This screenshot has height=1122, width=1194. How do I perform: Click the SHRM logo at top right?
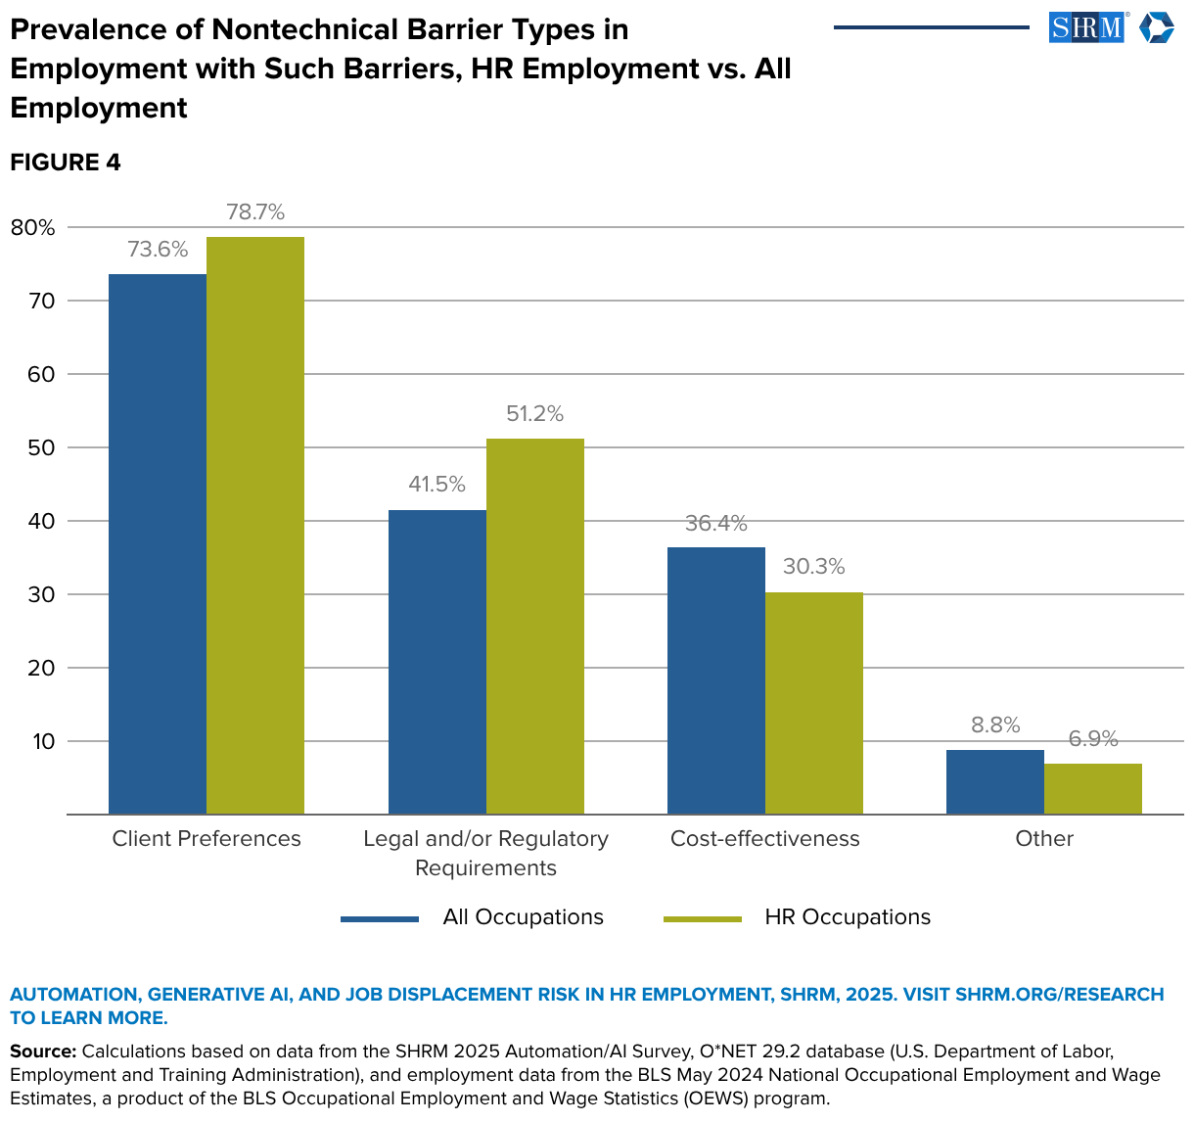[1110, 27]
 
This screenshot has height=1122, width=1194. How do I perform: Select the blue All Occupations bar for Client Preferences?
[158, 543]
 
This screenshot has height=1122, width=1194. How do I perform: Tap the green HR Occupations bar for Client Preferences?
[255, 525]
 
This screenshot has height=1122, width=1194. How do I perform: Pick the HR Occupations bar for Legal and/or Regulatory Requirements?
[534, 626]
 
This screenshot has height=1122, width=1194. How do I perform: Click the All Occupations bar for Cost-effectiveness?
[716, 680]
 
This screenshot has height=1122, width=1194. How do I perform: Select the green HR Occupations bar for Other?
[1092, 788]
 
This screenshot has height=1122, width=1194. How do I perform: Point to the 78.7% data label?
[255, 211]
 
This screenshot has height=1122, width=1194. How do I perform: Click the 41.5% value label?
[436, 485]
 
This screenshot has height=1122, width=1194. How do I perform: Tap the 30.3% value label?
[813, 567]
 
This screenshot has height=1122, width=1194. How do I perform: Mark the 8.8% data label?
[995, 725]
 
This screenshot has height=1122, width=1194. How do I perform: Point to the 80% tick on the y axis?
[32, 227]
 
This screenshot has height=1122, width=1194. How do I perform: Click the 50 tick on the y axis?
[43, 447]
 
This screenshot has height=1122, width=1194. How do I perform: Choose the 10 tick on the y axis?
[43, 741]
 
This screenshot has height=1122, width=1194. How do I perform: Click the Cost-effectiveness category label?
[764, 839]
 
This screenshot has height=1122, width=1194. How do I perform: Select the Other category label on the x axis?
[1044, 839]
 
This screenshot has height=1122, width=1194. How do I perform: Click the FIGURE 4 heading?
[66, 163]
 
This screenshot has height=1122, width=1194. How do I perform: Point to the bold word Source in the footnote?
[42, 1052]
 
